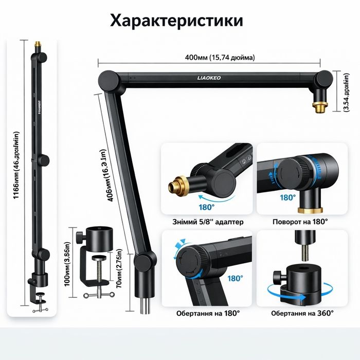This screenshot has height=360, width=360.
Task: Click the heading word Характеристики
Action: click(x=177, y=21)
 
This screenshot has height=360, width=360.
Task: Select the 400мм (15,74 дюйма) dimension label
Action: click(x=220, y=58)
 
